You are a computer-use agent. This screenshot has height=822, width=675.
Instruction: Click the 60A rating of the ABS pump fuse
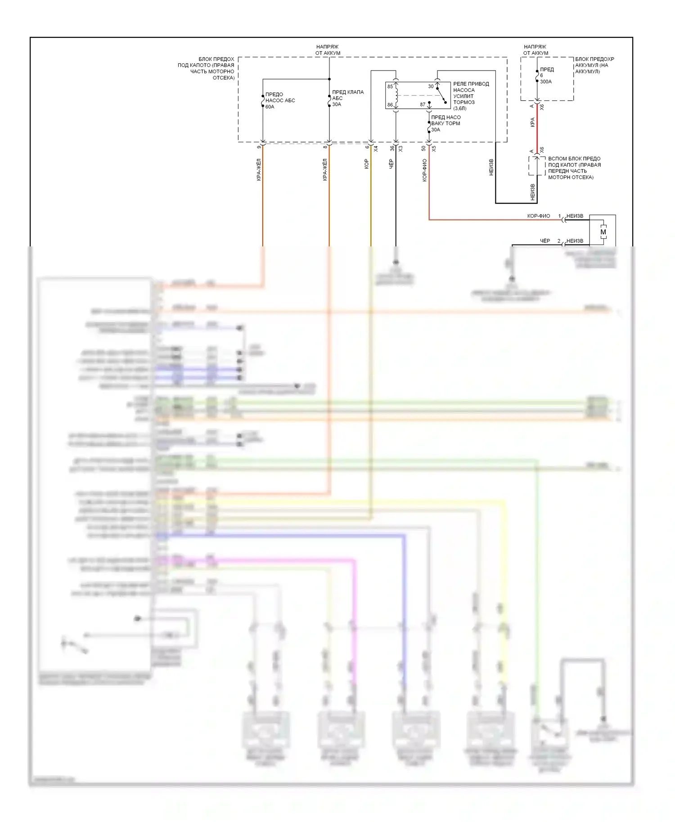pos(270,107)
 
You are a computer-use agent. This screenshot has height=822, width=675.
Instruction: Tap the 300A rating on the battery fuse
pos(546,82)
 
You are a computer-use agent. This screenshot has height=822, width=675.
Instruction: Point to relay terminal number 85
pos(390,86)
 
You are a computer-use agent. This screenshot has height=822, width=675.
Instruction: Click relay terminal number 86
pos(390,105)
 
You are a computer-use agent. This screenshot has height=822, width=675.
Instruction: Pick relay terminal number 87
pos(423,105)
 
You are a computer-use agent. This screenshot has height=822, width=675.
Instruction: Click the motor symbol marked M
pos(603,232)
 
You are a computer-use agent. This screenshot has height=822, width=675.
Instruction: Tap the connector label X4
pos(376,148)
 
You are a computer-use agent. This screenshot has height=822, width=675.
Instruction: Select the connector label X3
pos(400,148)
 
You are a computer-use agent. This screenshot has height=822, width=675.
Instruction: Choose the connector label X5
pos(434,148)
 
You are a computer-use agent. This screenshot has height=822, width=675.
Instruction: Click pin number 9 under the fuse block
pos(259,147)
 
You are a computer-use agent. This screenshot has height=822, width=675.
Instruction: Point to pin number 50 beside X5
pos(423,148)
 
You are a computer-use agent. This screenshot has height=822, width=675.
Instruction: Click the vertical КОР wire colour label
pos(367,164)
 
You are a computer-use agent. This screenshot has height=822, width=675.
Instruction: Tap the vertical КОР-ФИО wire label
pos(425,170)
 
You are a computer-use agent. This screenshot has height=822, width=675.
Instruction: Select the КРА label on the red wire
pos(533,122)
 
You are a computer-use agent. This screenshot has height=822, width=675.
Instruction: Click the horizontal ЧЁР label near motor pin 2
pos(545,241)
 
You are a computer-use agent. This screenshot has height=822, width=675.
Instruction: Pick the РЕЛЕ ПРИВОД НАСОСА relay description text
pos(471,96)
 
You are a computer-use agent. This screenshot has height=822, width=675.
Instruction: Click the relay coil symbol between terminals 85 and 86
pos(396,96)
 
